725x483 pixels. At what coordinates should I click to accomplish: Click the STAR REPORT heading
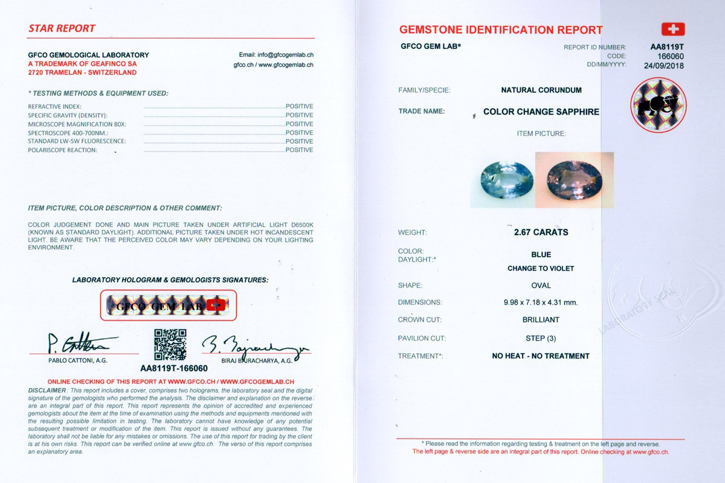click(62, 28)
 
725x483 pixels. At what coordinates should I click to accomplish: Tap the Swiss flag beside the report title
click(672, 29)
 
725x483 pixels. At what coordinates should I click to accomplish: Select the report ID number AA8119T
click(667, 46)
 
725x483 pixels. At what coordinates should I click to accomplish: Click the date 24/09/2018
click(664, 66)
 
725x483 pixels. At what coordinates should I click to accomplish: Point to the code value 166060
click(671, 56)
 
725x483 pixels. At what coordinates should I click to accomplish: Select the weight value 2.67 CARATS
click(541, 232)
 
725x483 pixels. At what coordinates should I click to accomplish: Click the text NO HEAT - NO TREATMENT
click(541, 356)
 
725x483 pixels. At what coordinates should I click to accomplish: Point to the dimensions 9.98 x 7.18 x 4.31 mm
click(541, 302)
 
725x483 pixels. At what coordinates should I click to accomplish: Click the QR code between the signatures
click(170, 345)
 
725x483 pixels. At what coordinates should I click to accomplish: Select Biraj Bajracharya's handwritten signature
click(254, 345)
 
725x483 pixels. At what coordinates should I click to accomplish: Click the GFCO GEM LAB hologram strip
click(168, 305)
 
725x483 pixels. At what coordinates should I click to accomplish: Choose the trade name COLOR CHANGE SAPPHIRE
click(541, 112)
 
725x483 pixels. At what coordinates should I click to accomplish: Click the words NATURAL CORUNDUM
click(541, 90)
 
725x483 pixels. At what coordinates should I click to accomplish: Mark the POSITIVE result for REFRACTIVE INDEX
click(299, 106)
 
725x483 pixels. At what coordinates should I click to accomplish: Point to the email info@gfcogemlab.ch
click(276, 55)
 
